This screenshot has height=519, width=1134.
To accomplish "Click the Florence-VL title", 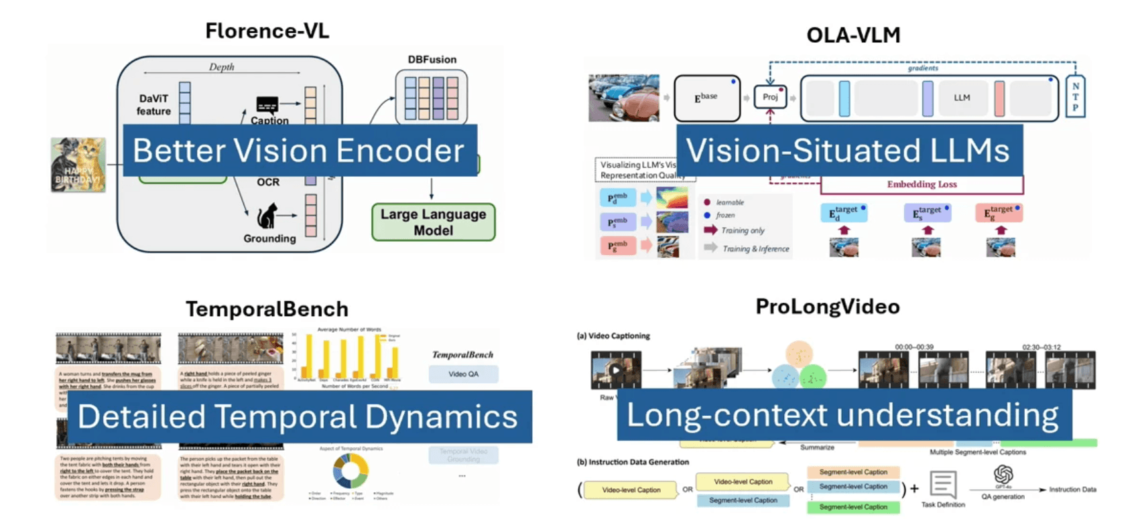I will click(x=267, y=31).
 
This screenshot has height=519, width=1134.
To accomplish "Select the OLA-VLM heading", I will click(x=853, y=35).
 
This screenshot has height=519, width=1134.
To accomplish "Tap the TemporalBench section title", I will click(x=267, y=309).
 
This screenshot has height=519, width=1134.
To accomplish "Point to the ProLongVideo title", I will click(x=827, y=306).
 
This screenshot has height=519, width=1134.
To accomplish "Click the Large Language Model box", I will click(x=433, y=222).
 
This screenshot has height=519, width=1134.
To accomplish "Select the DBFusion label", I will click(x=432, y=60).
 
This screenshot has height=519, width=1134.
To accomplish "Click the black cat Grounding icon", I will click(x=267, y=216).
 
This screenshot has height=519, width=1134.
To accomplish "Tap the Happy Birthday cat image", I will click(x=78, y=165).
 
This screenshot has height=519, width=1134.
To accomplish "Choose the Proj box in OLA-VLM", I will click(x=770, y=97).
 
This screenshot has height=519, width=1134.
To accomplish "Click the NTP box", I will click(x=1075, y=97).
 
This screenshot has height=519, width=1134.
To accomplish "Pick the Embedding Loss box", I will click(x=922, y=184).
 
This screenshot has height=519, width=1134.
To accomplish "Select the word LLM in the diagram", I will click(x=962, y=98).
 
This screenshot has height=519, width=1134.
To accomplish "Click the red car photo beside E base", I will click(x=623, y=98).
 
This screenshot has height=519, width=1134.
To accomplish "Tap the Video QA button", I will click(x=463, y=374).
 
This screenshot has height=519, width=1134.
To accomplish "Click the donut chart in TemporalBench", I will click(x=350, y=471).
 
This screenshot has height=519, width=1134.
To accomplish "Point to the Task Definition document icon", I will click(x=943, y=484).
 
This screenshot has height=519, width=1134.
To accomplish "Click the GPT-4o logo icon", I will click(x=1003, y=475).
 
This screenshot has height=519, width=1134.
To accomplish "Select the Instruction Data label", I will click(x=1072, y=490).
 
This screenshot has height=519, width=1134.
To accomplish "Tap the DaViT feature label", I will click(x=153, y=104).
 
